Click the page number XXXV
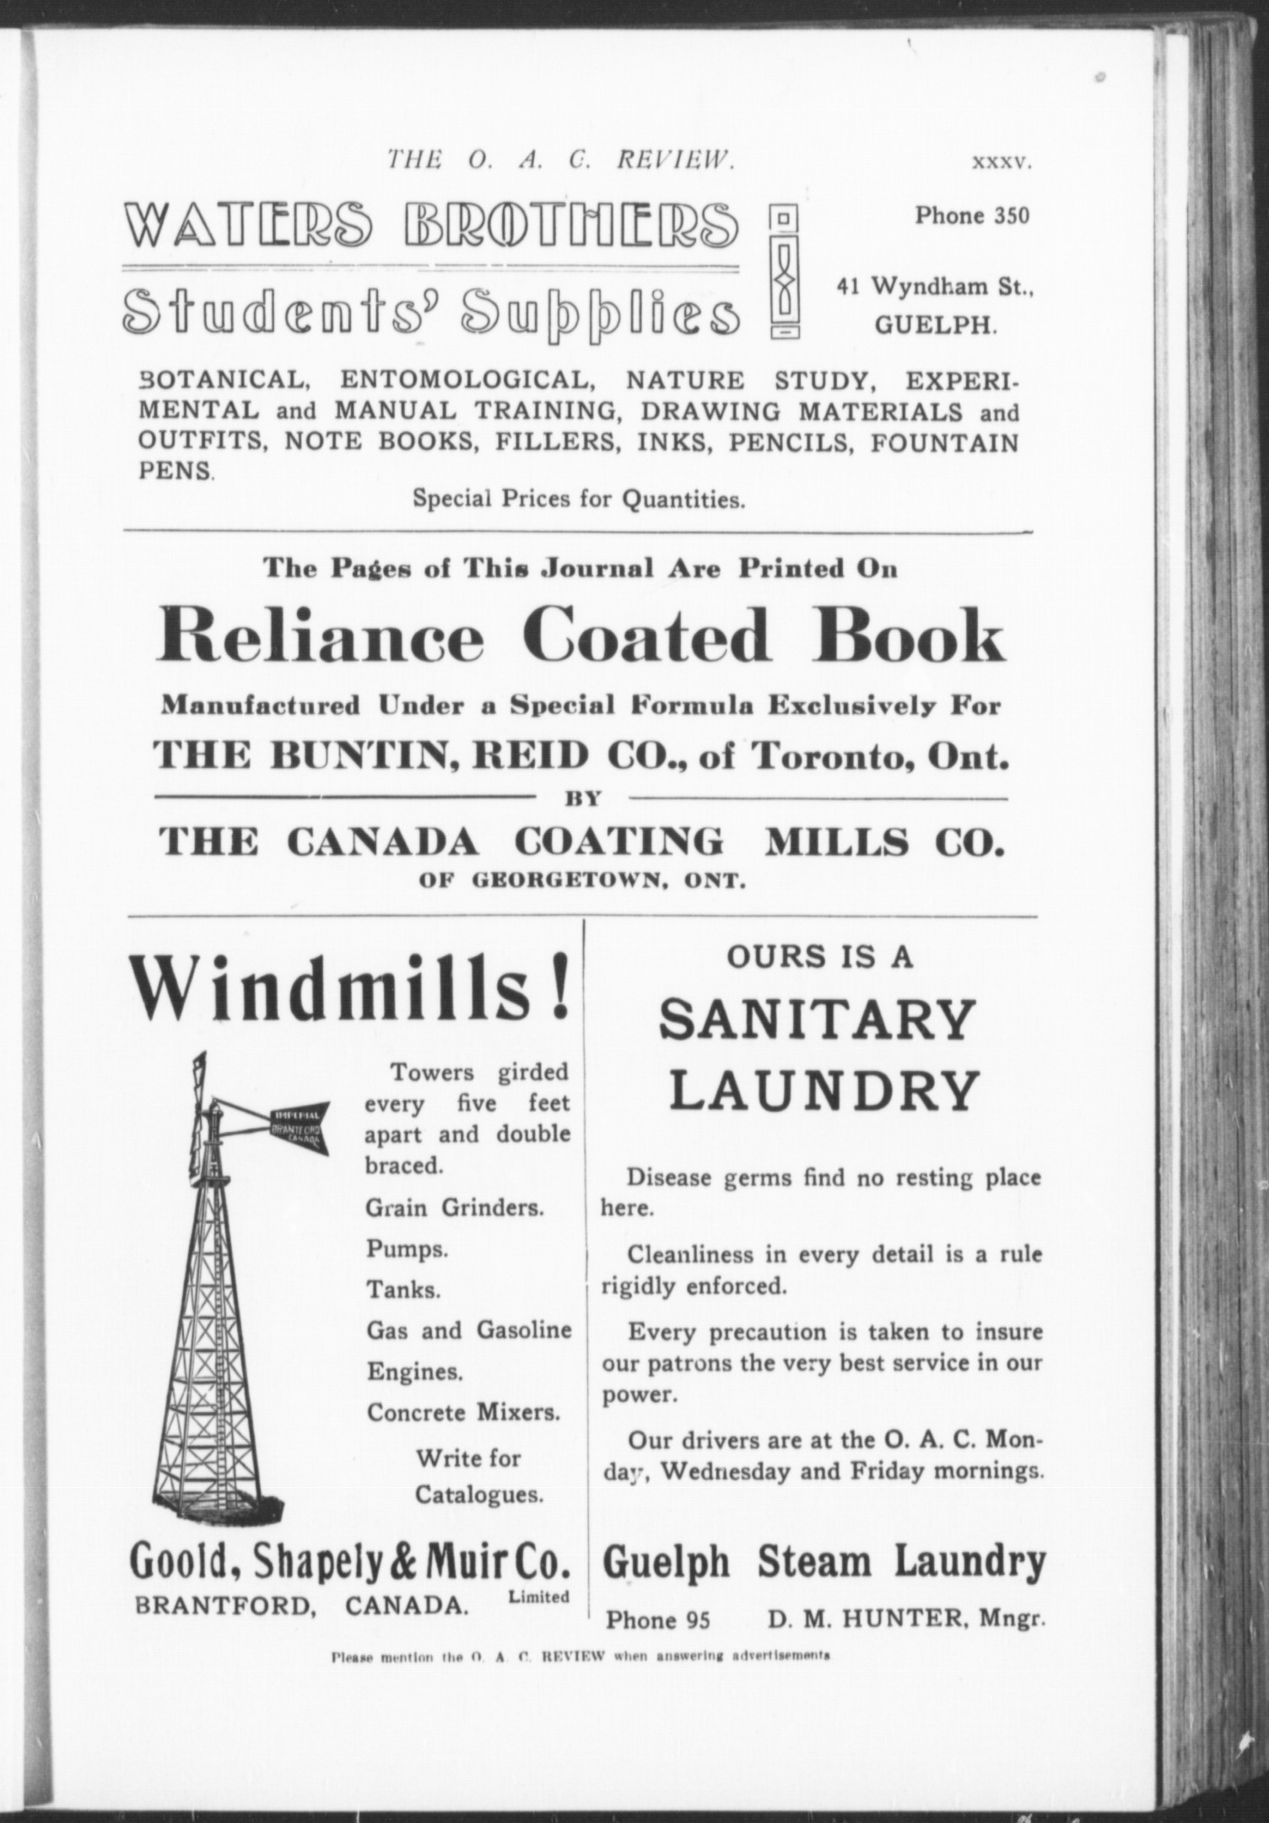point(1002,163)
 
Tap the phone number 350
point(1012,216)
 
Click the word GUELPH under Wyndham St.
point(935,327)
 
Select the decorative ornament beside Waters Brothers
point(784,273)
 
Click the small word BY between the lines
point(583,798)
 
